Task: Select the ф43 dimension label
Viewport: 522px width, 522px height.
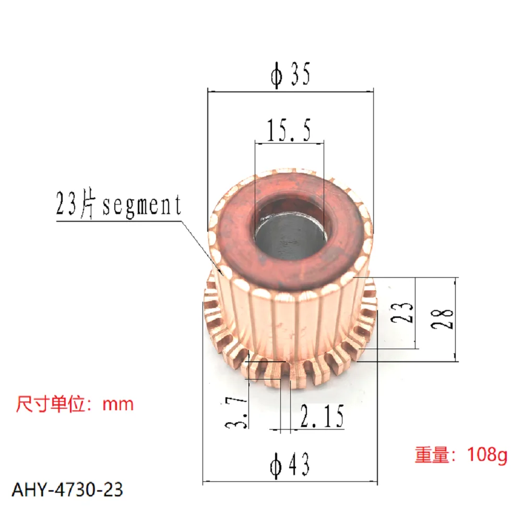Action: click(290, 464)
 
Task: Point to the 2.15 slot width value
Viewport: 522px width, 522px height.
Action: click(322, 418)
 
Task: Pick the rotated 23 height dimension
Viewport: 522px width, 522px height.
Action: click(408, 312)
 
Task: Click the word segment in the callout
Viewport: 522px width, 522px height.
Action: click(141, 206)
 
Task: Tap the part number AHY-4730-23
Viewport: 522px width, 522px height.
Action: click(67, 490)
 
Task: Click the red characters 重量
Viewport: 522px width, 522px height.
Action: click(432, 455)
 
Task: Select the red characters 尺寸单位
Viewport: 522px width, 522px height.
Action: click(50, 404)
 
